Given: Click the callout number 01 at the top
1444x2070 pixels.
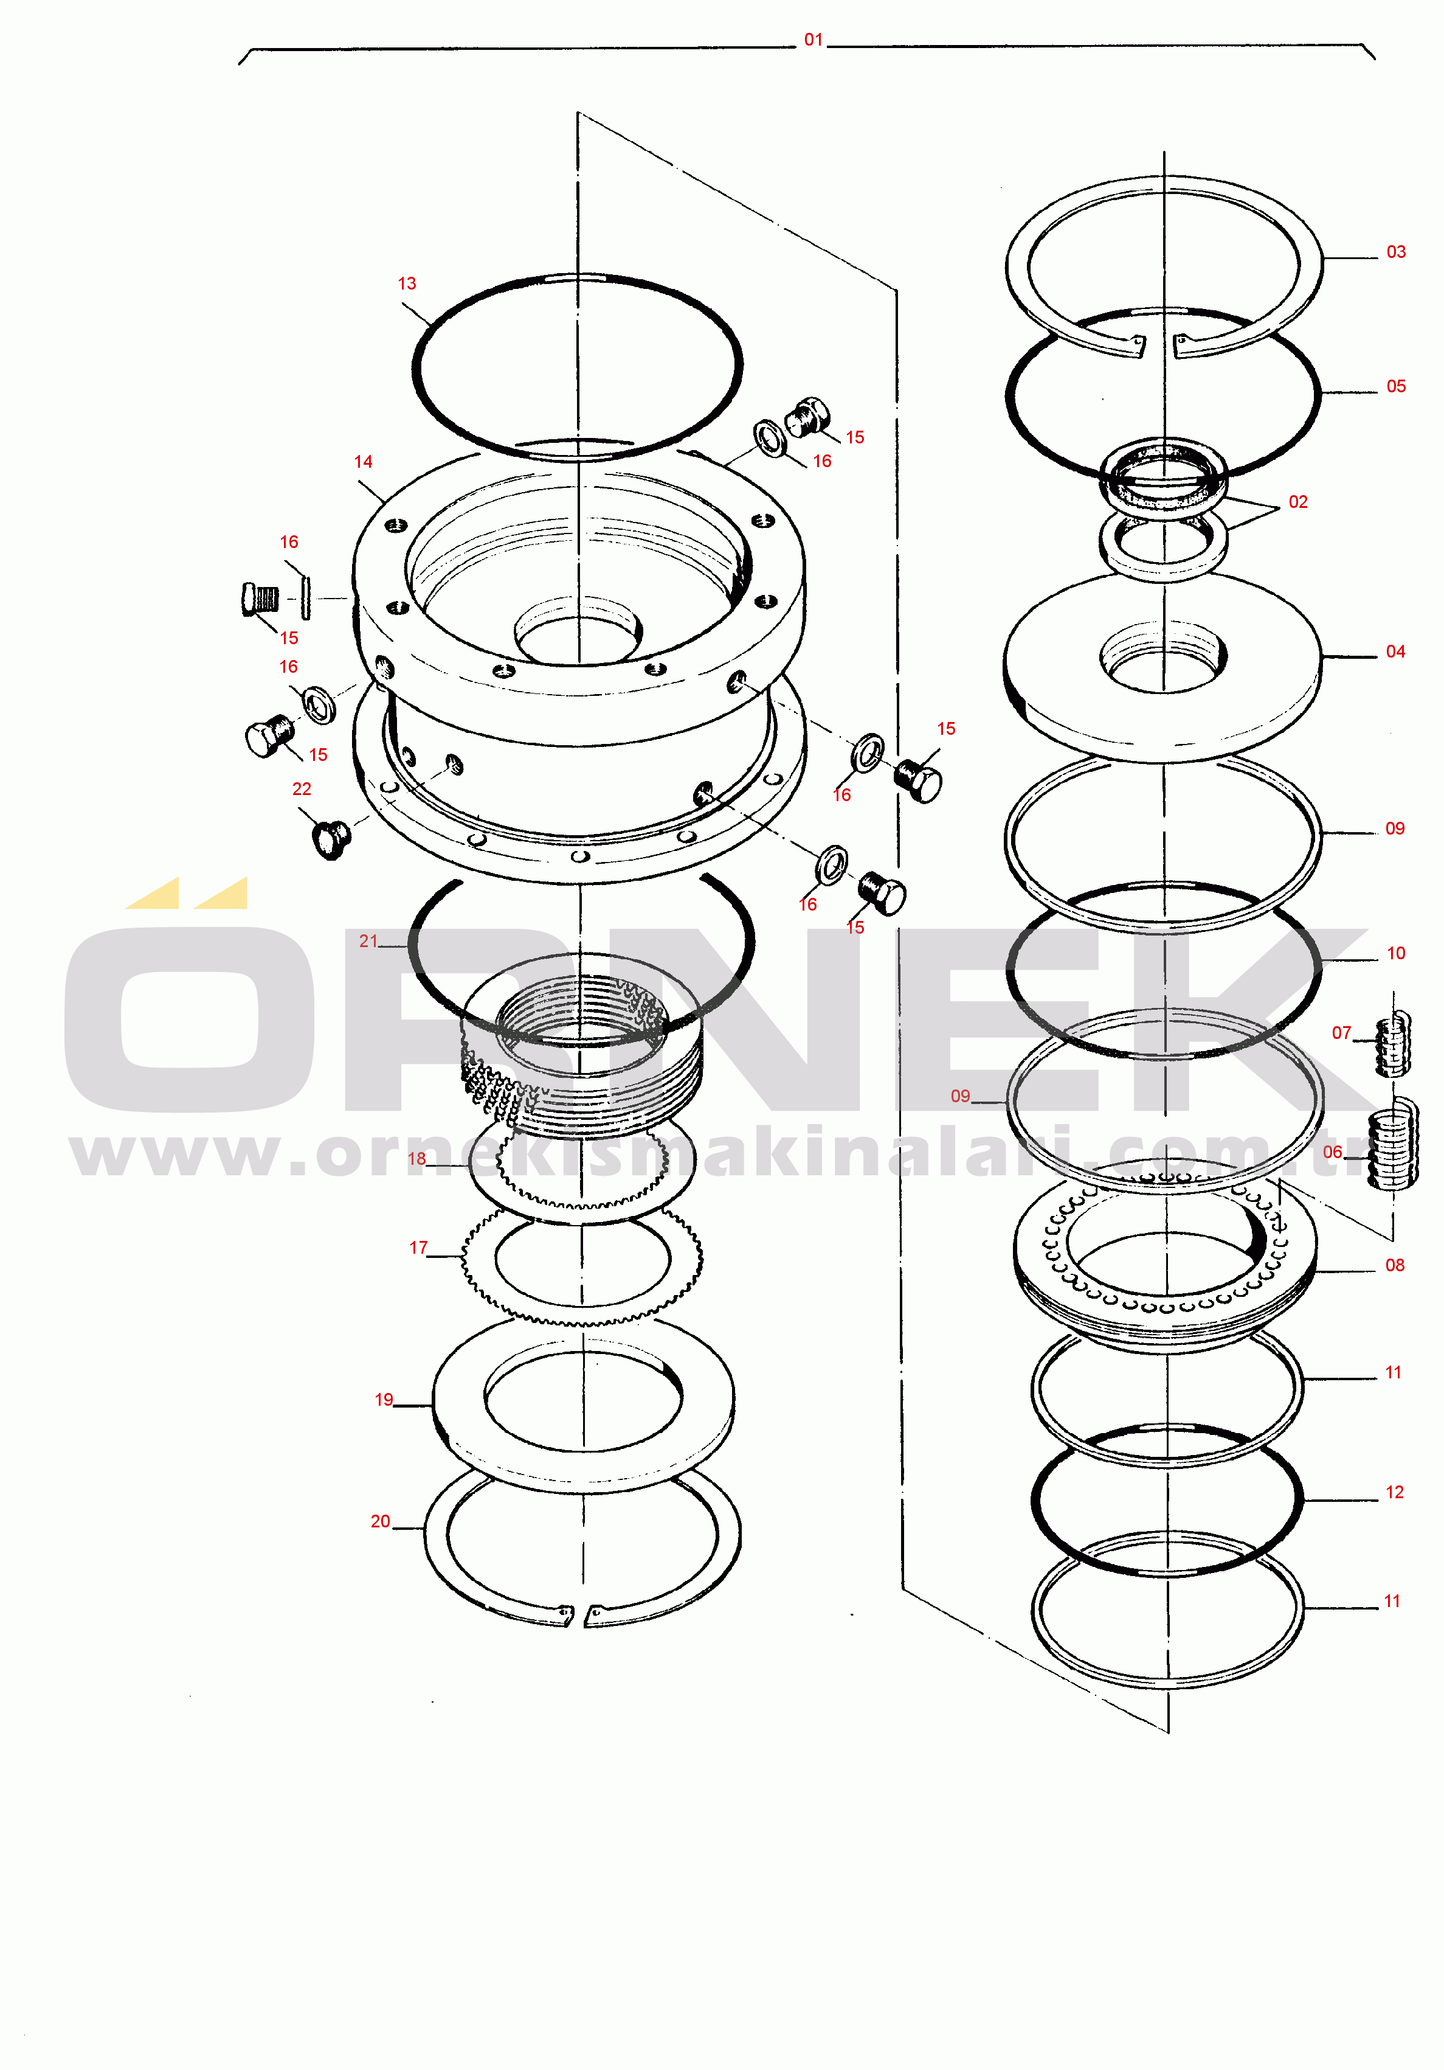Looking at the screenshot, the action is [813, 40].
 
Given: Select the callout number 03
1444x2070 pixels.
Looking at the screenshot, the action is [1395, 252].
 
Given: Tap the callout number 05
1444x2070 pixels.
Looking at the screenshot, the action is [1395, 386].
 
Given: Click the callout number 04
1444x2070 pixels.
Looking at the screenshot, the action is [1395, 651].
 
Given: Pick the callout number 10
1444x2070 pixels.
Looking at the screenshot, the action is [1395, 953].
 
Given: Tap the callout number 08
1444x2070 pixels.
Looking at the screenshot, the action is [1394, 1265].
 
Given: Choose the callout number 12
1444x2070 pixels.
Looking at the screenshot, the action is [1394, 1492].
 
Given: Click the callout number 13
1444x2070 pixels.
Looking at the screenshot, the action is [407, 283].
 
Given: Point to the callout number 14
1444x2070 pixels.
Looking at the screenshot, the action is [363, 462].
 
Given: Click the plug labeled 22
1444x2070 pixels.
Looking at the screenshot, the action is [331, 839].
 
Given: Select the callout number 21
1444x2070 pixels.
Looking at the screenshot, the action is [368, 940].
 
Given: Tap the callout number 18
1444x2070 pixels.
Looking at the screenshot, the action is [416, 1159].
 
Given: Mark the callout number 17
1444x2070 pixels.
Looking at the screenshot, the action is [418, 1248].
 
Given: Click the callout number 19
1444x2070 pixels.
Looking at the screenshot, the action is [384, 1399].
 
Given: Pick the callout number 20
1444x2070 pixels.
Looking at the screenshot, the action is [381, 1521].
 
